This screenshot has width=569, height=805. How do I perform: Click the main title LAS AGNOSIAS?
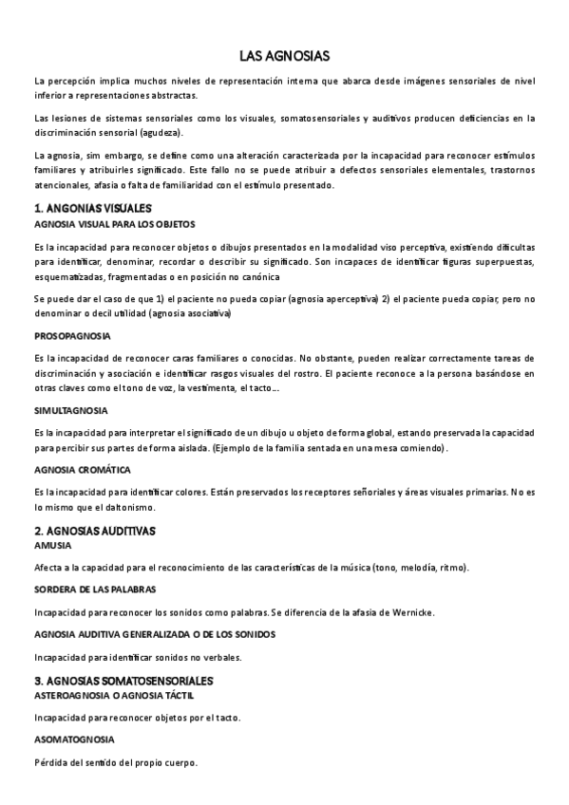click(x=284, y=57)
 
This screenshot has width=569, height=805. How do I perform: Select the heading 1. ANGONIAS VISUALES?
click(x=92, y=207)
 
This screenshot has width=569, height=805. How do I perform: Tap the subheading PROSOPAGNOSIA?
click(x=72, y=336)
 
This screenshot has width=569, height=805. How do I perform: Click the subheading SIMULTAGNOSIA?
click(x=70, y=410)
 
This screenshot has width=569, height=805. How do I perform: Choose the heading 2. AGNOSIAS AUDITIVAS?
click(x=94, y=530)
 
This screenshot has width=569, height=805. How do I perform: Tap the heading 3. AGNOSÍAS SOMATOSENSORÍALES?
click(x=123, y=680)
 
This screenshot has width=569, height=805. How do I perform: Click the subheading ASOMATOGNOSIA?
click(x=74, y=739)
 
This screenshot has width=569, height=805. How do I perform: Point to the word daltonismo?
click(x=101, y=508)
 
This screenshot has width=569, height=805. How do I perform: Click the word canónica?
click(x=254, y=276)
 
